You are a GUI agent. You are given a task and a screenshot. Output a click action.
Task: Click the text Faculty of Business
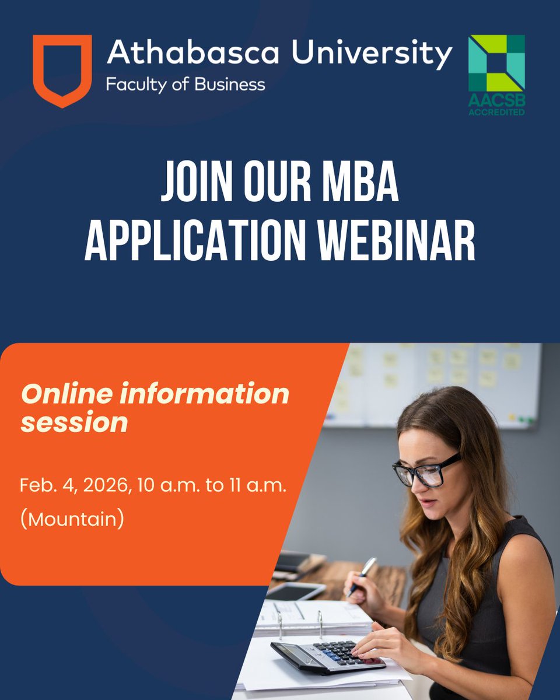click(185, 85)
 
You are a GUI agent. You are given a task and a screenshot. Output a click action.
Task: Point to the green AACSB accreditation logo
click(496, 74)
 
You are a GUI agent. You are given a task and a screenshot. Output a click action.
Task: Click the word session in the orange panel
click(74, 422)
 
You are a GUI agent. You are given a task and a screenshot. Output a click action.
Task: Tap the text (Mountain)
click(72, 519)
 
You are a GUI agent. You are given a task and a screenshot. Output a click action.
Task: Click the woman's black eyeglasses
click(426, 470)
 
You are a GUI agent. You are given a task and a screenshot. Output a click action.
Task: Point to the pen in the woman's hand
click(362, 575)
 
